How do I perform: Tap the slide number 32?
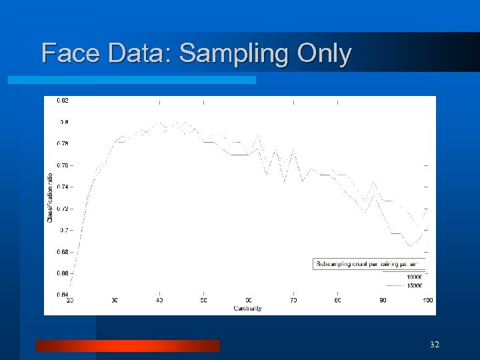435,345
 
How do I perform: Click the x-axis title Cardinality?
247,308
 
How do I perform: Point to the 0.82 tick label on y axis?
62,100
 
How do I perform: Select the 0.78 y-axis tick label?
62,143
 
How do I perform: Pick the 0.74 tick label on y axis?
62,187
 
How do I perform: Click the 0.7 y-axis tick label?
63,230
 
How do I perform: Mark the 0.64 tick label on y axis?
62,294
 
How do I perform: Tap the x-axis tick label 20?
70,301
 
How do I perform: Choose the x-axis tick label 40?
159,301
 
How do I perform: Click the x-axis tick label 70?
293,301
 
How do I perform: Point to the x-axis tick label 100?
427,301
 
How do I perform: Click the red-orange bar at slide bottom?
127,345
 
